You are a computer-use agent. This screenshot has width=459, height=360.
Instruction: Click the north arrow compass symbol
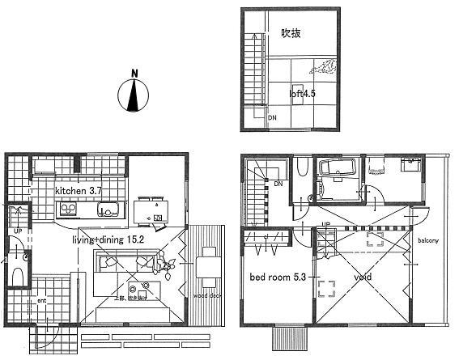pyautogui.click(x=134, y=93)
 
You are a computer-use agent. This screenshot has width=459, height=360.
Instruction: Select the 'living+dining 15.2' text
pyautogui.click(x=107, y=239)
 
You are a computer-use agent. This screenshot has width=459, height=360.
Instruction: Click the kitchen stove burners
pyautogui.click(x=66, y=210)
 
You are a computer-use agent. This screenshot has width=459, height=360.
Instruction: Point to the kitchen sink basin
pyautogui.click(x=107, y=210)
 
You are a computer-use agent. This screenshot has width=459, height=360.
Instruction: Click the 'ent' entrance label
pyautogui.click(x=41, y=301)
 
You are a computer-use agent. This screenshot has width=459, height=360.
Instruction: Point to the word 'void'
pyautogui.click(x=363, y=277)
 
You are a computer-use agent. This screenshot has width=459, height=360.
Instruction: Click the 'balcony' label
pyautogui.click(x=429, y=241)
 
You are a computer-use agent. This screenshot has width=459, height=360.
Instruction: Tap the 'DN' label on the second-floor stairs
pyautogui.click(x=278, y=184)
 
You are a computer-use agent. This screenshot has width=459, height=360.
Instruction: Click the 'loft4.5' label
pyautogui.click(x=302, y=93)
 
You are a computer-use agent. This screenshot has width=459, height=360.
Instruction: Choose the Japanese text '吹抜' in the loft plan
pyautogui.click(x=291, y=33)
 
